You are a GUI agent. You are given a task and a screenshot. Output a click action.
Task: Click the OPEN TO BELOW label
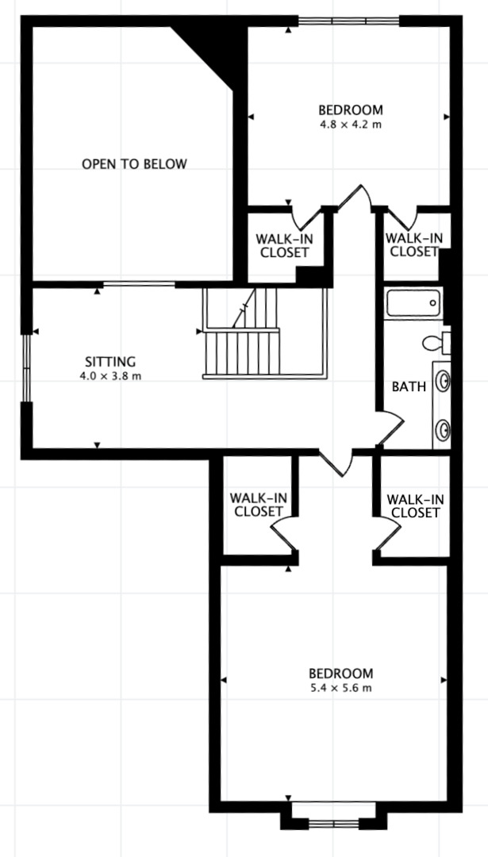[x=134, y=164]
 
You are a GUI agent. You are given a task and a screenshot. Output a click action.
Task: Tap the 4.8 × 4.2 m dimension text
[x=350, y=125]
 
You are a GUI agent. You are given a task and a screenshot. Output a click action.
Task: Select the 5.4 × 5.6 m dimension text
[x=340, y=688]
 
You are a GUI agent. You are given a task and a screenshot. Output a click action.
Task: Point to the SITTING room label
[x=110, y=362]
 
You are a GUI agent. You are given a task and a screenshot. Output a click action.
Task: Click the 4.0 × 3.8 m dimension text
[x=110, y=376]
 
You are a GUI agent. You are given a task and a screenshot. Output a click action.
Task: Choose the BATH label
[x=409, y=386]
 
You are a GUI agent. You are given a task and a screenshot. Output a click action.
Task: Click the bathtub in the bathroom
[x=413, y=303]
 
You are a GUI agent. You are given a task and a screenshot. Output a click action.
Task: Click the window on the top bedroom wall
[x=349, y=21]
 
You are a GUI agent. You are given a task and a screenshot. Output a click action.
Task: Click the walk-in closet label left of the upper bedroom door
[x=282, y=245]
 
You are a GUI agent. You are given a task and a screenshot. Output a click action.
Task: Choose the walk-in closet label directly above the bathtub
[x=413, y=245]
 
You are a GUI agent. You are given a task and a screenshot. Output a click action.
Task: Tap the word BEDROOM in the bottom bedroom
[x=340, y=673]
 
